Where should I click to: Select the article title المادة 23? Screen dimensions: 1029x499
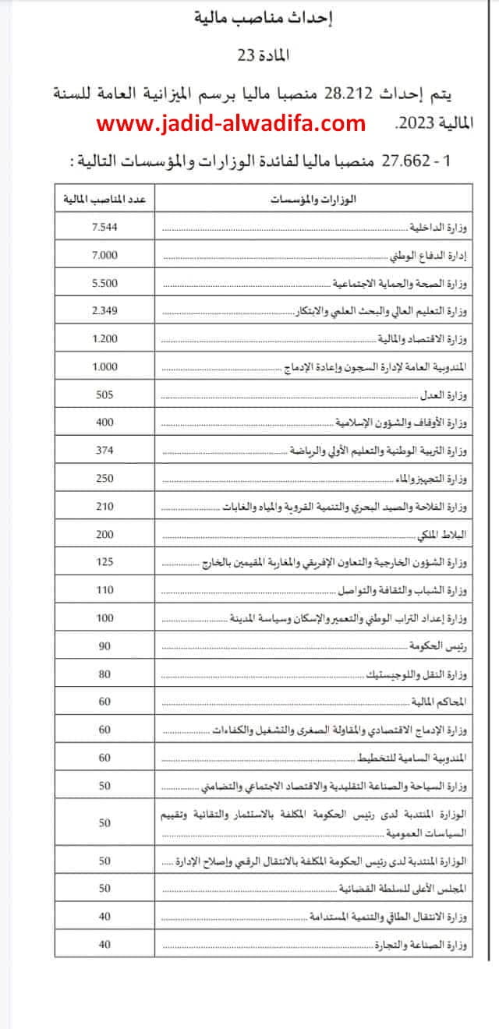[249, 56]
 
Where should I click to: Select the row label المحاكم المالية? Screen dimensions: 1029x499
[441, 702]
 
